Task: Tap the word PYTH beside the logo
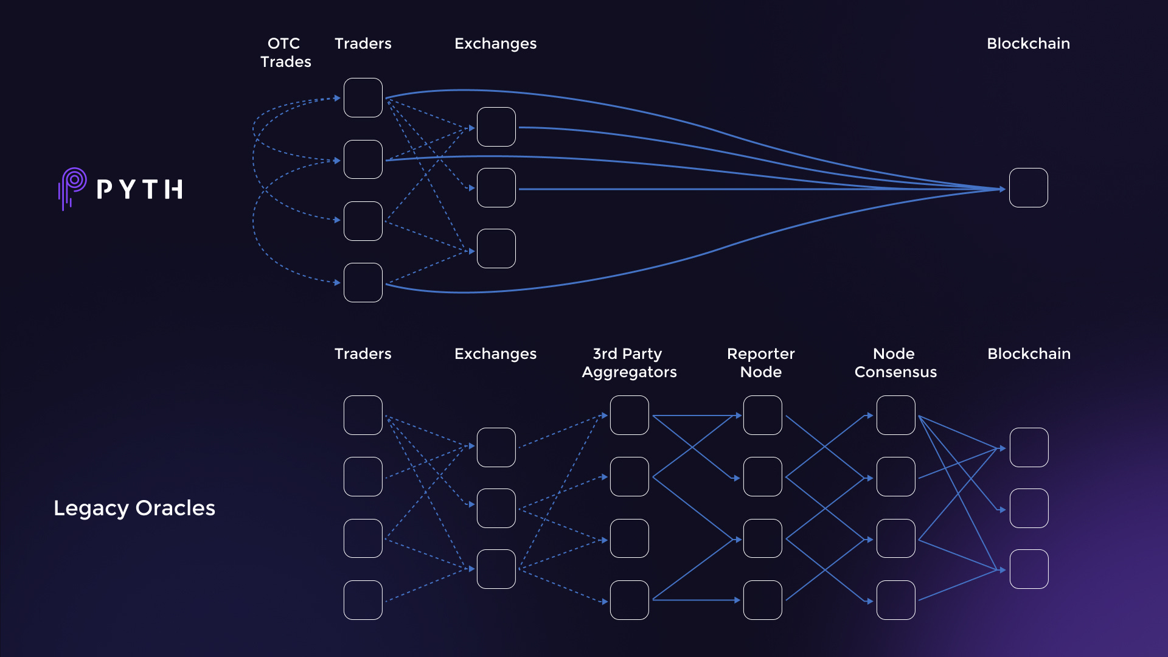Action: (x=139, y=189)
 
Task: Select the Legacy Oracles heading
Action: (x=134, y=508)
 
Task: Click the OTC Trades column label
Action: (x=285, y=52)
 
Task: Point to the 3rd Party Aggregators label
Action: (x=629, y=363)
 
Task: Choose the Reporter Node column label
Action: (x=761, y=363)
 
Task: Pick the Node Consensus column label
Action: (x=895, y=363)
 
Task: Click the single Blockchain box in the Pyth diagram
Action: (x=1028, y=188)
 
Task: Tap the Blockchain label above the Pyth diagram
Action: (x=1028, y=43)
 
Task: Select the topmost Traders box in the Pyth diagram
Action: (x=363, y=97)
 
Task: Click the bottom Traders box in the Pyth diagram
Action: (x=363, y=282)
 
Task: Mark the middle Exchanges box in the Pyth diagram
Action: (x=496, y=188)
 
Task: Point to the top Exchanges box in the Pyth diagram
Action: (x=496, y=127)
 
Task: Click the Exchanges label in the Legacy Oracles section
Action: (x=495, y=353)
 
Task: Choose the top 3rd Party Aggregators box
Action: (x=630, y=415)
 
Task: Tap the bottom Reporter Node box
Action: (x=762, y=600)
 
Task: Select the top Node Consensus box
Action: (x=895, y=415)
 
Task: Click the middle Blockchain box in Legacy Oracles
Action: (x=1029, y=508)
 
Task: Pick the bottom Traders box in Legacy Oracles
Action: (x=363, y=600)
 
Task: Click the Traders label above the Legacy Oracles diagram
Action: (x=363, y=353)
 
